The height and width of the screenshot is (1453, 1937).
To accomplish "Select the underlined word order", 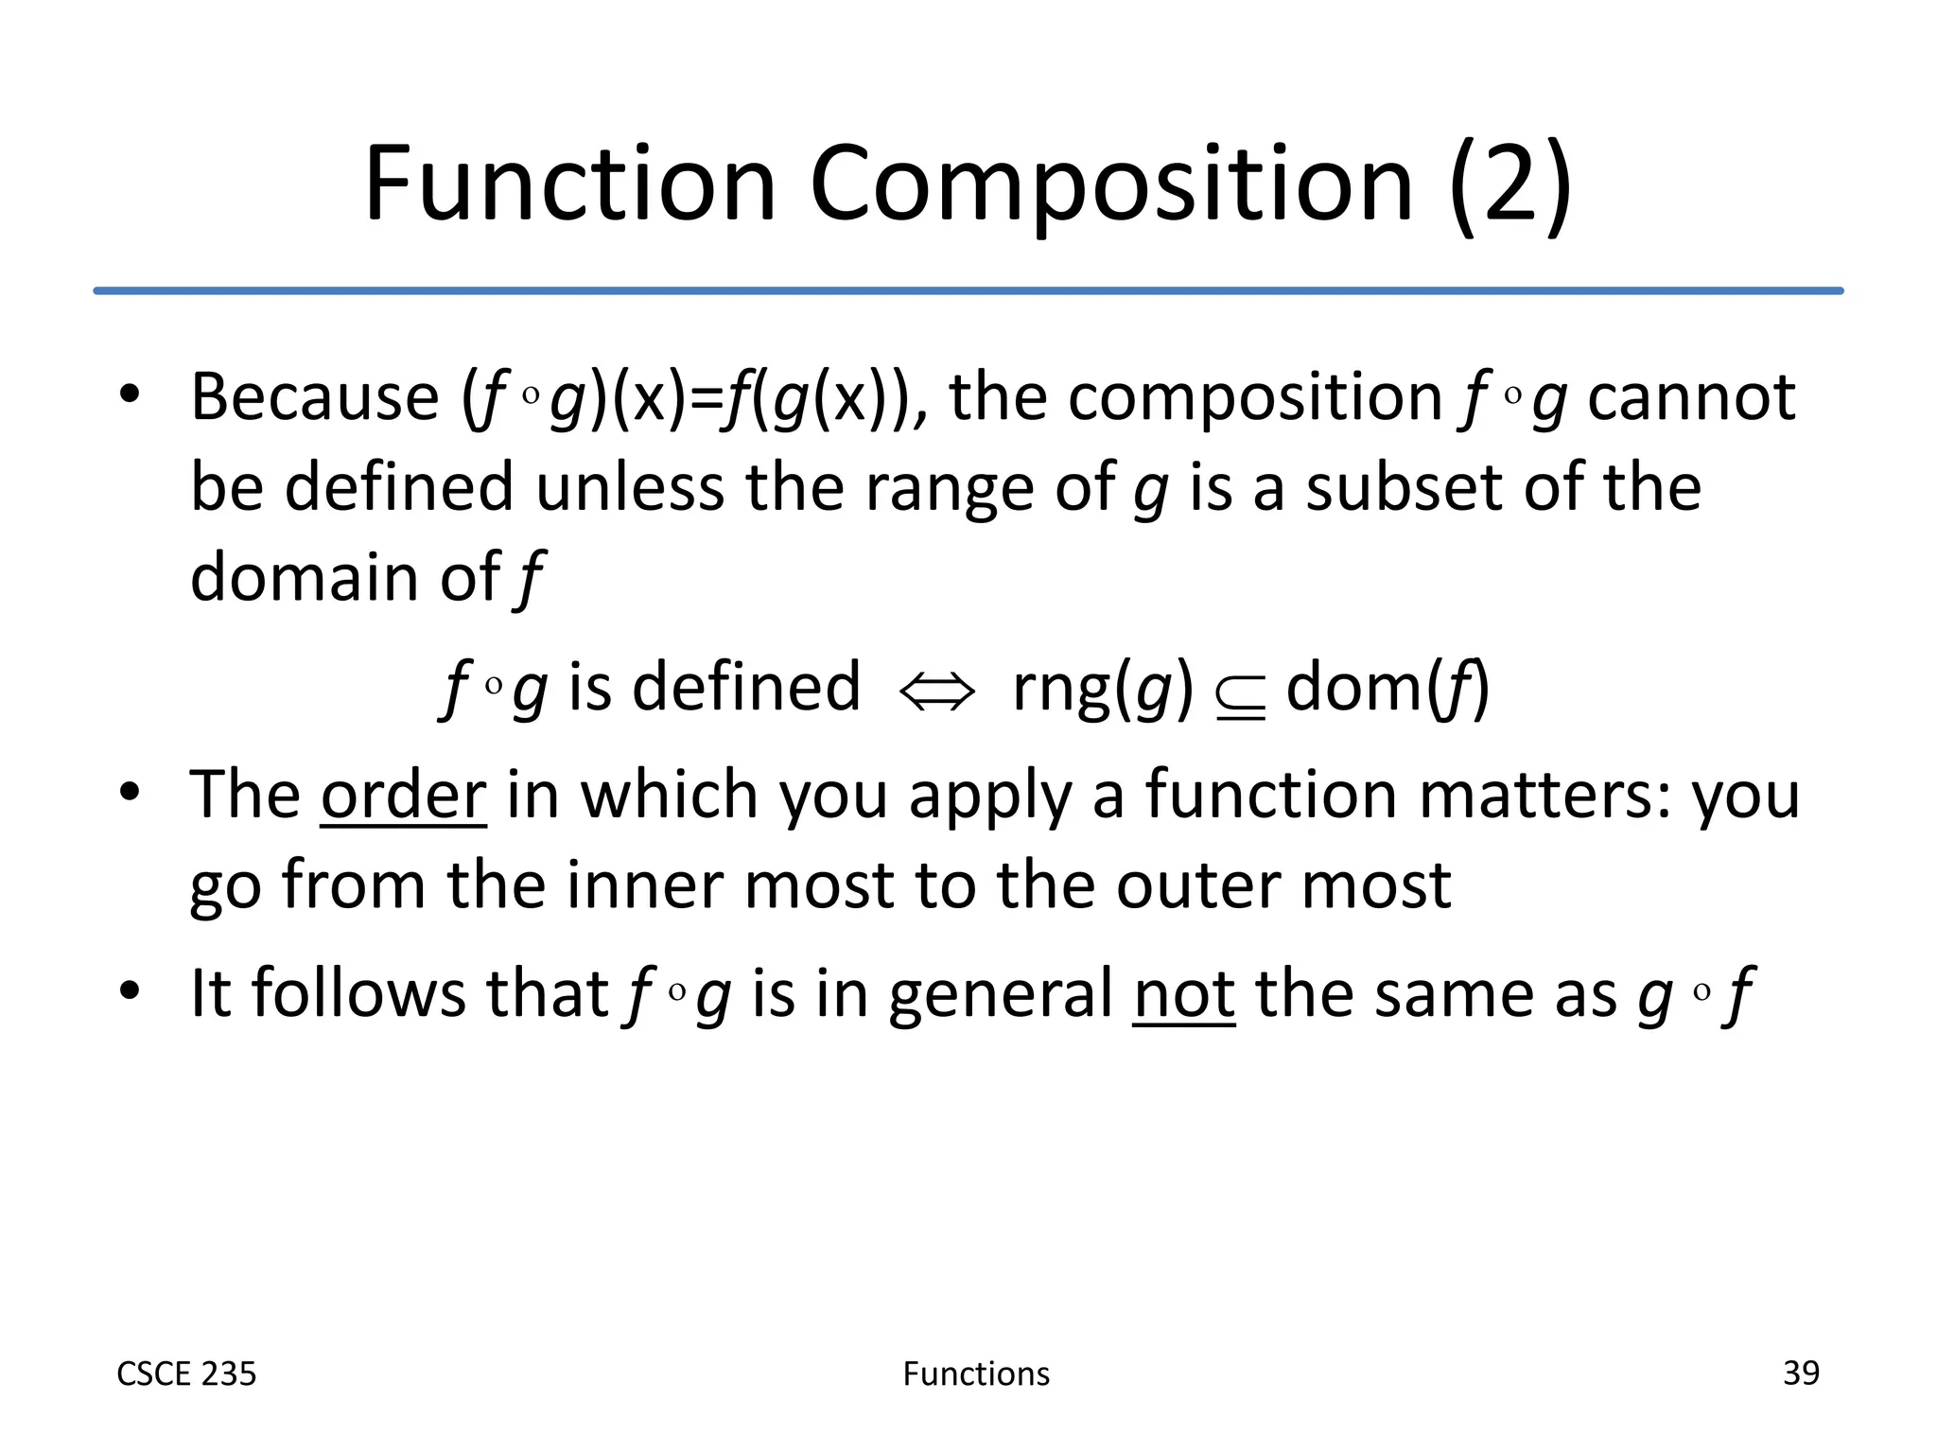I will (404, 795).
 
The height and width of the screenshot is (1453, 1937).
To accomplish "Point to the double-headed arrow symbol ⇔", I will (936, 691).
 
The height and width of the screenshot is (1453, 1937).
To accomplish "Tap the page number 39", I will (1801, 1373).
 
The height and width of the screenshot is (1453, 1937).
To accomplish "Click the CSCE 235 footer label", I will (186, 1374).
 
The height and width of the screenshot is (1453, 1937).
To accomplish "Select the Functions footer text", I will (976, 1374).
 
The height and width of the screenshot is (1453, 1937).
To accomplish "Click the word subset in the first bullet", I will (1405, 487).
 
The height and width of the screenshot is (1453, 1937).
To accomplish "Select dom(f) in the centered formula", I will (1387, 688).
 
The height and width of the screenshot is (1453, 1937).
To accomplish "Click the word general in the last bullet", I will (1002, 995).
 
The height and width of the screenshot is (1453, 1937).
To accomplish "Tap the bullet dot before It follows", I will (130, 991).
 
